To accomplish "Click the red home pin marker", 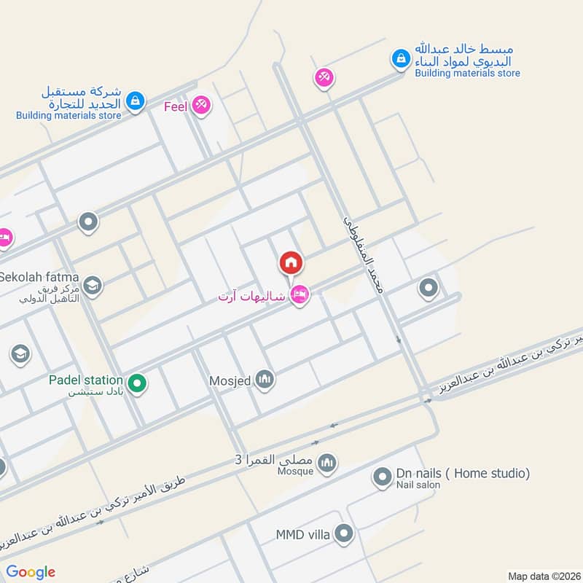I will click(x=291, y=262).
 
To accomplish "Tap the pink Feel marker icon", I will click(x=202, y=106).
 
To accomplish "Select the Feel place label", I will click(x=176, y=106).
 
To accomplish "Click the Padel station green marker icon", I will click(x=136, y=381).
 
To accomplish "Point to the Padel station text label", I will click(x=86, y=380).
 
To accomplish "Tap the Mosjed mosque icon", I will click(x=265, y=380).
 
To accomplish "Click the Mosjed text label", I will click(x=230, y=380).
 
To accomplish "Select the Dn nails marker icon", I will click(x=382, y=478).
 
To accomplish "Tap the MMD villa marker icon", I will click(x=345, y=535).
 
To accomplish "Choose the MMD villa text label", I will click(x=302, y=535).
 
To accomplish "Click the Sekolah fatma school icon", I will click(x=92, y=285).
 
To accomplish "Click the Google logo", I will click(x=31, y=571).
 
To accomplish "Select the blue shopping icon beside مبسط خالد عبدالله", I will click(x=400, y=59).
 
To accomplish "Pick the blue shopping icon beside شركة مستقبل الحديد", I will click(x=134, y=101).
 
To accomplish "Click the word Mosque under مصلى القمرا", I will click(x=294, y=471).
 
